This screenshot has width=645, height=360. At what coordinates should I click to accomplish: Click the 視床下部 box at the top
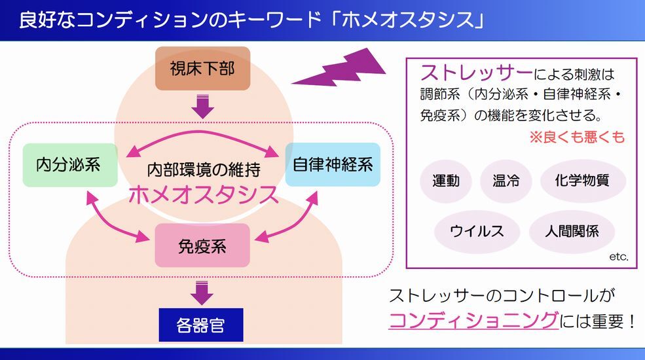point(203,69)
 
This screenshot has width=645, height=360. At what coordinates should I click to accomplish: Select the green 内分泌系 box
point(69,164)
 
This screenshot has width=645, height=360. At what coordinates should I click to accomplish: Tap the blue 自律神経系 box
point(333,164)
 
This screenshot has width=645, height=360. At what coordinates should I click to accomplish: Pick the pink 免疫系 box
point(203,245)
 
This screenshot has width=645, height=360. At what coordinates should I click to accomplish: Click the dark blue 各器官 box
point(201,325)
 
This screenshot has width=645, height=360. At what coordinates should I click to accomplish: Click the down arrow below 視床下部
point(203,105)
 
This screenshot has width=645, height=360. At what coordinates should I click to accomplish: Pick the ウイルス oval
point(476,231)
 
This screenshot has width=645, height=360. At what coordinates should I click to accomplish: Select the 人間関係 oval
point(572,231)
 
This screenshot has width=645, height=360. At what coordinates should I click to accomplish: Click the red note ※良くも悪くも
point(576,137)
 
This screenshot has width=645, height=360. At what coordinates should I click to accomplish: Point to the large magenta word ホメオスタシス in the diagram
point(203,194)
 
